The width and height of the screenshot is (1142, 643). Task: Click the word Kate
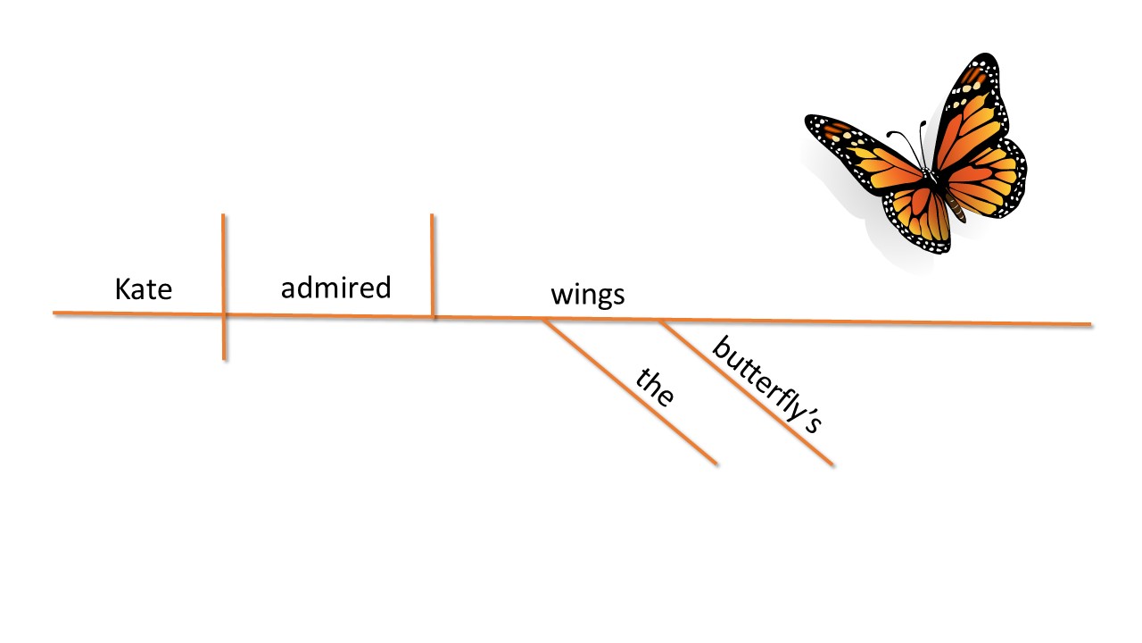[x=143, y=289]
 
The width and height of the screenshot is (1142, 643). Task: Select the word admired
[x=335, y=288]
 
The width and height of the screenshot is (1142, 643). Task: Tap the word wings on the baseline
[x=587, y=295]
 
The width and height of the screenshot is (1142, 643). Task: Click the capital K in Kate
[x=123, y=289]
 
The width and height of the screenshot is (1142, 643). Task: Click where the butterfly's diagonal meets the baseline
[x=659, y=320]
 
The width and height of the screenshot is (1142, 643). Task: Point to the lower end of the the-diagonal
[x=716, y=463]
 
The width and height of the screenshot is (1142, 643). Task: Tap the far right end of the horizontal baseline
[x=1089, y=324]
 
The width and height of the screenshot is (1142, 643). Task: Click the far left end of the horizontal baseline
[x=54, y=313]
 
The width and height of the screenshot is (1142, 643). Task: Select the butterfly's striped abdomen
[x=956, y=208]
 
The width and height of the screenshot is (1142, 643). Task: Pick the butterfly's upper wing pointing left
[x=861, y=147]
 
